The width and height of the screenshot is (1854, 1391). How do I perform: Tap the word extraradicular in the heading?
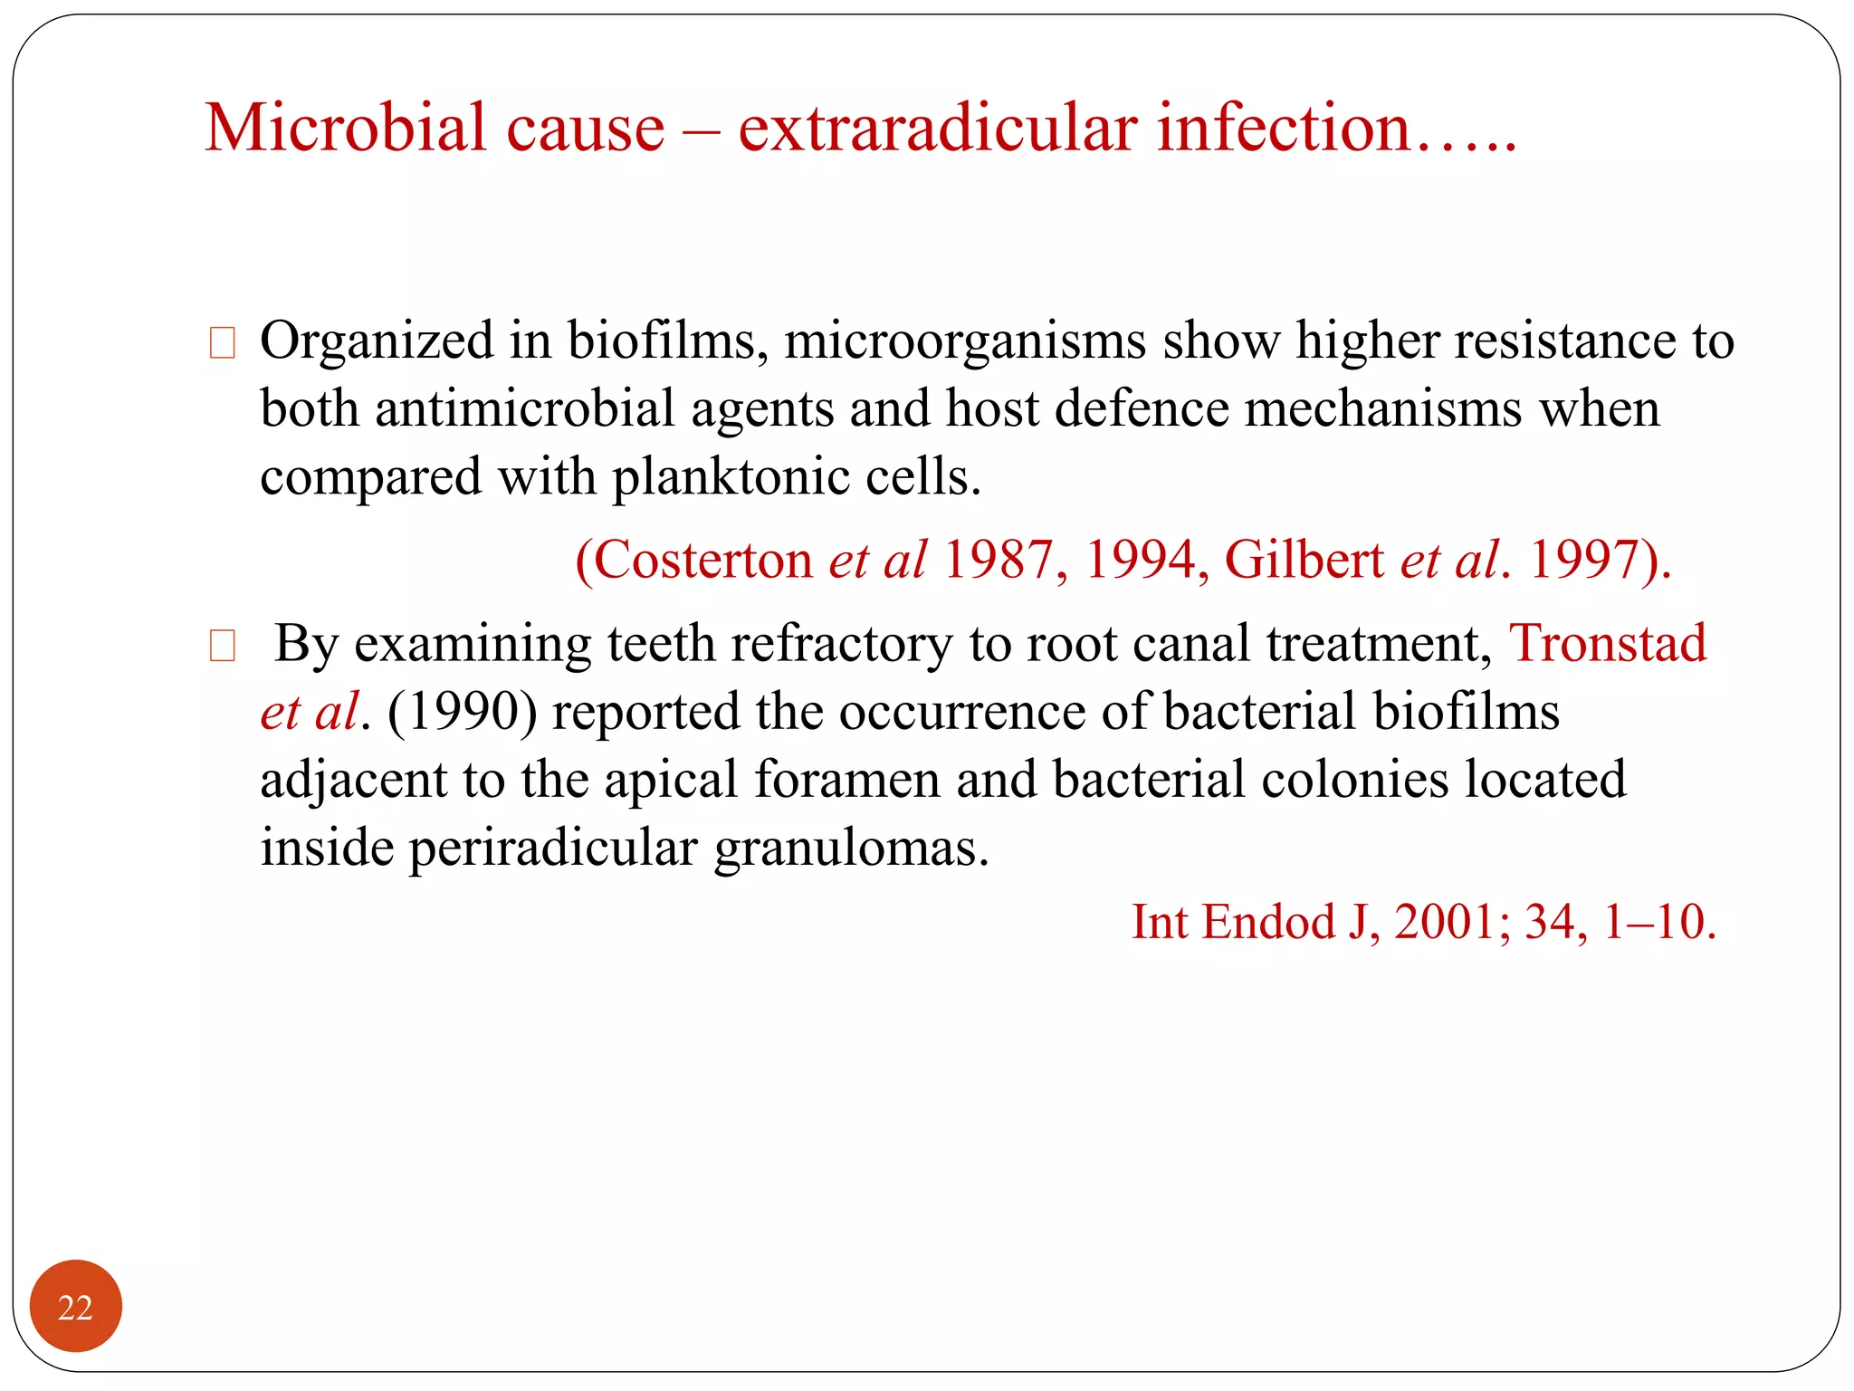(x=937, y=128)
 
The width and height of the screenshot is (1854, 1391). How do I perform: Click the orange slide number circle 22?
(x=75, y=1307)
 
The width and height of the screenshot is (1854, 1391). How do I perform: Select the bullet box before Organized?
(x=222, y=343)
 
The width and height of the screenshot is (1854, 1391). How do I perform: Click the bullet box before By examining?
(x=222, y=646)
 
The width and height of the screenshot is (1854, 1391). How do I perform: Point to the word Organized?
(x=377, y=342)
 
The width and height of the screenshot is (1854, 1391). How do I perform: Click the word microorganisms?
(x=965, y=342)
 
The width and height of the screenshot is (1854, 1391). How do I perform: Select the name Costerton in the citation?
(x=702, y=560)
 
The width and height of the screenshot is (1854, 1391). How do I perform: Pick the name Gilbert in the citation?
(x=1304, y=560)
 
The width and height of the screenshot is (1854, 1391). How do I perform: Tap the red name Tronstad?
(x=1608, y=644)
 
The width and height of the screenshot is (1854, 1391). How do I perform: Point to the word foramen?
(x=847, y=780)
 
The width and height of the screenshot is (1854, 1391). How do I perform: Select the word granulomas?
(x=851, y=849)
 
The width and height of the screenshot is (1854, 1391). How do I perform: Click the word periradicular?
(x=552, y=849)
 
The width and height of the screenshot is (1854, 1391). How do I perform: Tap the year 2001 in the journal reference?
(x=1445, y=922)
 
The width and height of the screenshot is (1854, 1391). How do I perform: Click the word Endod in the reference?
(x=1269, y=922)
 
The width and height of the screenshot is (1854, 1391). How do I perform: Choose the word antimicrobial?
(x=525, y=409)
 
